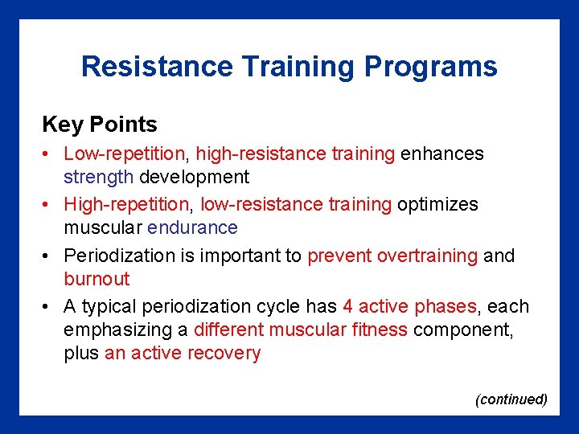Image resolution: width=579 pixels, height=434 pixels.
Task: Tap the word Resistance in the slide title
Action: [153, 67]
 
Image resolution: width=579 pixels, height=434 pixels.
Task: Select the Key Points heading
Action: [100, 125]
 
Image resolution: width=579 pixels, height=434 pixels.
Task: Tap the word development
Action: [195, 176]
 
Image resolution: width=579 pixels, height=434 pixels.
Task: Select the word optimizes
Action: [437, 205]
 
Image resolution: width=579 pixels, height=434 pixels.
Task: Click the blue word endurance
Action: [192, 227]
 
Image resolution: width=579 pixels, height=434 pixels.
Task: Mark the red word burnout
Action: [96, 279]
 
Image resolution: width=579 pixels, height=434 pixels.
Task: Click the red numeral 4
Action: [347, 307]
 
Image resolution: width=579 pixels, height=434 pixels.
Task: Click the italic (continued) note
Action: [511, 399]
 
